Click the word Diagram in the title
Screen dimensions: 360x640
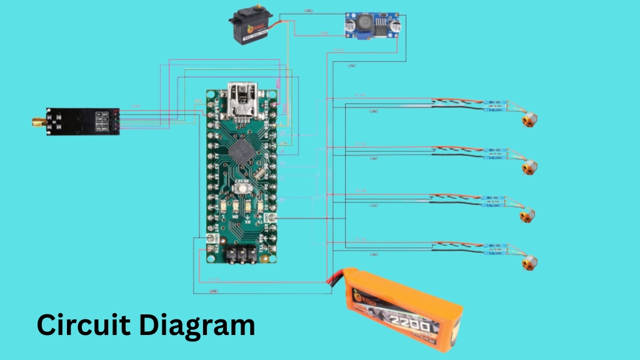[197, 325]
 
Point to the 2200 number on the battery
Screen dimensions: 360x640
[409, 326]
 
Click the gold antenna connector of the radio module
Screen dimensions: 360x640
[37, 122]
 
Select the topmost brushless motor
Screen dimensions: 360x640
[529, 118]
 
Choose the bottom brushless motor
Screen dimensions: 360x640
[529, 263]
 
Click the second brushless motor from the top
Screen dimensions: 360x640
[529, 167]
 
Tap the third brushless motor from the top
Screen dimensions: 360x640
[529, 216]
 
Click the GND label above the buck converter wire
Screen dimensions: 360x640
[309, 11]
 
